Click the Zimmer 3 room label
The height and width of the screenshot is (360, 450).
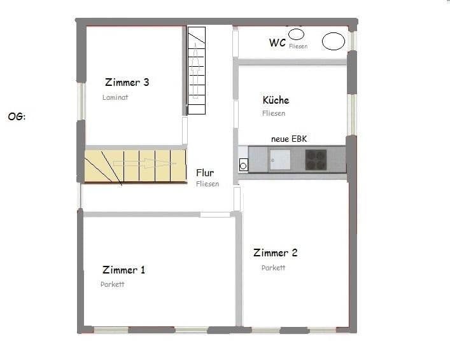pos(127,82)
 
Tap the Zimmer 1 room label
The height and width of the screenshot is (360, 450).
pos(123,270)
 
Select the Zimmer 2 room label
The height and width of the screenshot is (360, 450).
pos(275,253)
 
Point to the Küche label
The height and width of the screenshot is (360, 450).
pos(276,100)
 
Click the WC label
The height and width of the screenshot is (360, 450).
pos(277,43)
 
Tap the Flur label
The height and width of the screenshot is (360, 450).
pos(205,172)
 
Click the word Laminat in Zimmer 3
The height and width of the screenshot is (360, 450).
pos(115,98)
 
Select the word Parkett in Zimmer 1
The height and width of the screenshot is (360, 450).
pos(112,284)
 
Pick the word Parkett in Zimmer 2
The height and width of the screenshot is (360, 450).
pos(273,268)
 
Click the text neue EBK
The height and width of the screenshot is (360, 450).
pos(289,139)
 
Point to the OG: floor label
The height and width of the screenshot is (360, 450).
pos(17,117)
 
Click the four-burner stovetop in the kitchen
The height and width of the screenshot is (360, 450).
pos(316,159)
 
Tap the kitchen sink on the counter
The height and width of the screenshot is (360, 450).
pos(279,159)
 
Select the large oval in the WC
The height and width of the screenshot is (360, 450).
pos(333,41)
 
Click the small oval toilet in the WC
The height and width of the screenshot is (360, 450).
pos(296,34)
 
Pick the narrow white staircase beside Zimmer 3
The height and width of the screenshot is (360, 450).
pos(196,70)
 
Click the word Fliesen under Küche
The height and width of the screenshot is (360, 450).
pos(274,113)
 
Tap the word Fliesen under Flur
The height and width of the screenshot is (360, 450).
pos(207,184)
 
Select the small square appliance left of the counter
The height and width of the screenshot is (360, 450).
pos(243,165)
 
